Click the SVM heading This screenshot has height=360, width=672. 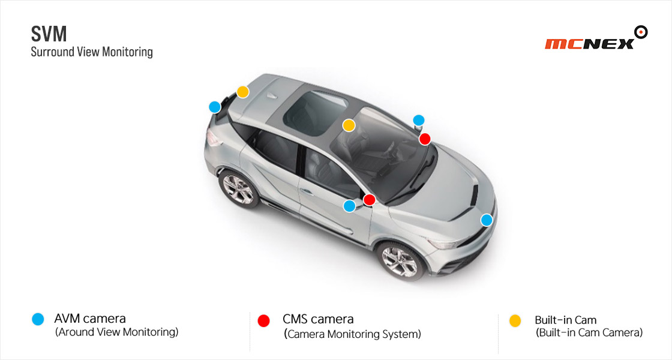(x=49, y=34)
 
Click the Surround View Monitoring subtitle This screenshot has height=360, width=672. (x=92, y=52)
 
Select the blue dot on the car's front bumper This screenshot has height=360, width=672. (x=487, y=220)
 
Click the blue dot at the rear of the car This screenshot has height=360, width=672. (x=215, y=107)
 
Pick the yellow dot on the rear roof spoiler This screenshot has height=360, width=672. (x=242, y=92)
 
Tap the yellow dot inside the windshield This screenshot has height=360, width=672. (x=349, y=125)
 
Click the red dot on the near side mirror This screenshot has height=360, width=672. (x=369, y=200)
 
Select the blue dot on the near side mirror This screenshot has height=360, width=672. (x=349, y=206)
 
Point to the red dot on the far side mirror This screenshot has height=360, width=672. (x=425, y=139)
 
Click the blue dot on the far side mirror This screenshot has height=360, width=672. (x=419, y=120)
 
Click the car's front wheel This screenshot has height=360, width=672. (x=400, y=260)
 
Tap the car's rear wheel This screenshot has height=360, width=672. (x=238, y=189)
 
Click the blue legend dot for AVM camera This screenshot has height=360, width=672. (x=38, y=319)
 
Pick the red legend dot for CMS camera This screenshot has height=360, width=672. (x=263, y=320)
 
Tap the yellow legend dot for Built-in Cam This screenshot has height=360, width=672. (x=515, y=320)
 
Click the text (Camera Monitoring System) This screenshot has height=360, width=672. (x=352, y=334)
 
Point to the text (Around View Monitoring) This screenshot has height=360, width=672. (x=116, y=332)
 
